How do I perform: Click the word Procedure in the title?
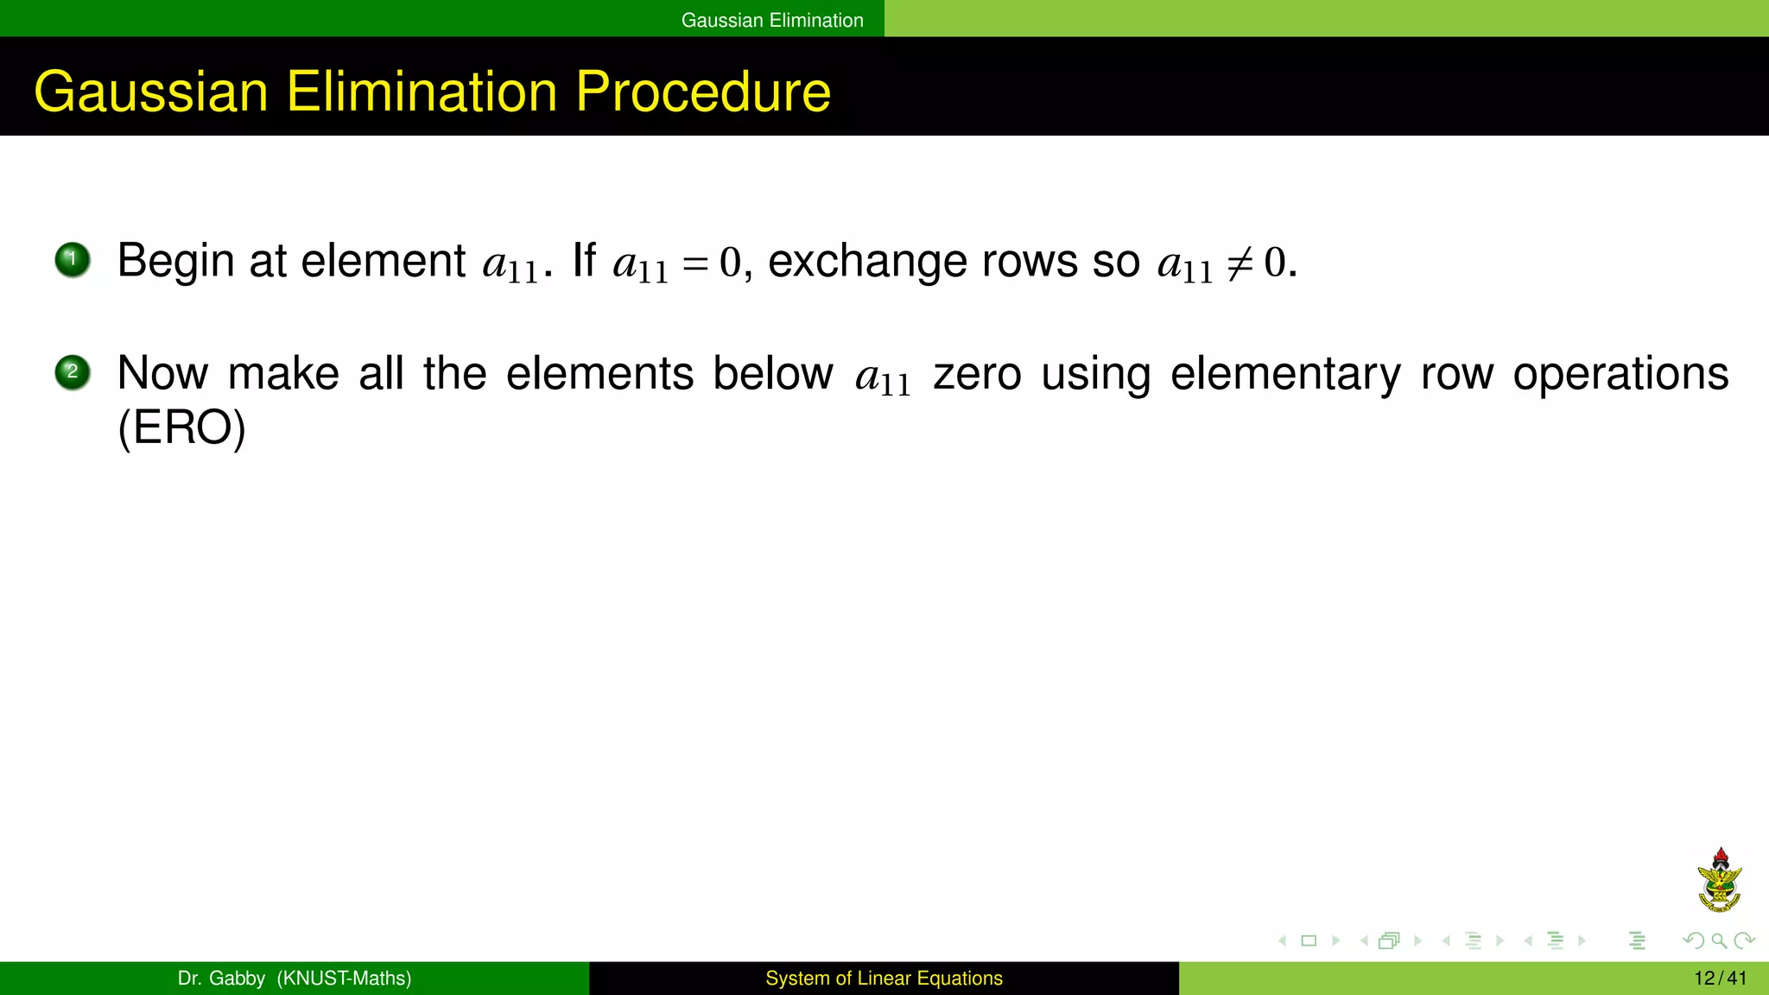[702, 92]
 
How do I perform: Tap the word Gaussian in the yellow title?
[151, 92]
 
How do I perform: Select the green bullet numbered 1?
[73, 259]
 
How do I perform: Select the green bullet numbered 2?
[73, 372]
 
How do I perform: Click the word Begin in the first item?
[175, 261]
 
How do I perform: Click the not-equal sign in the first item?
[1240, 263]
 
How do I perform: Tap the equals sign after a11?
[695, 263]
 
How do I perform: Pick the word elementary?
[1285, 374]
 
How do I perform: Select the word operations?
[1620, 374]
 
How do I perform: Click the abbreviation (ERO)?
[182, 428]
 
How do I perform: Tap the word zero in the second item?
[977, 374]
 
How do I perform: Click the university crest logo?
[1719, 881]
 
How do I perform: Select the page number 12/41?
[1720, 979]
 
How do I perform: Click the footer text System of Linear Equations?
[884, 979]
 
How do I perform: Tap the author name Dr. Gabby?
[221, 979]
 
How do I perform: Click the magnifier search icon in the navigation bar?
[1719, 941]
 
